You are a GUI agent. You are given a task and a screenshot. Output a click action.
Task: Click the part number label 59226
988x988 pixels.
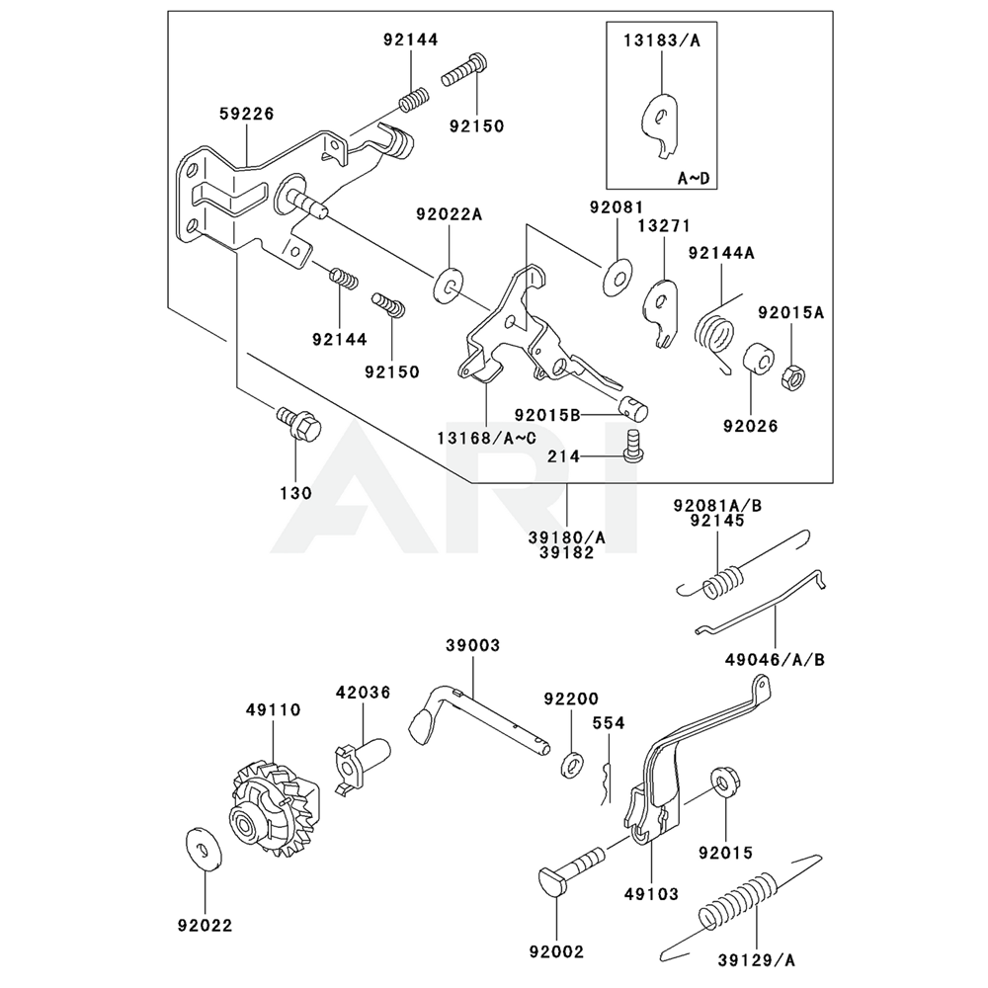[247, 114]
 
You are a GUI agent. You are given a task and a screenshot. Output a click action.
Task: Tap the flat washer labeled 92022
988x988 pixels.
[205, 849]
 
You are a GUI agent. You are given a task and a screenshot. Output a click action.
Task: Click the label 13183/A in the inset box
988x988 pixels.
[662, 41]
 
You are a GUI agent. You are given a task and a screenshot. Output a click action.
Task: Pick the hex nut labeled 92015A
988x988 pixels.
[792, 376]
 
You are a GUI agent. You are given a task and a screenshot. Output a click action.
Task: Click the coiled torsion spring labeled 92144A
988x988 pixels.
[714, 338]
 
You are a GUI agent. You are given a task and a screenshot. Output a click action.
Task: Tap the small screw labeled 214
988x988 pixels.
[634, 447]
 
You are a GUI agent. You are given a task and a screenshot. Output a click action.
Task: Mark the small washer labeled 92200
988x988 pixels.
[572, 766]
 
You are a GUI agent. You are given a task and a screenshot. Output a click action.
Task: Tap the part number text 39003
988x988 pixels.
[472, 646]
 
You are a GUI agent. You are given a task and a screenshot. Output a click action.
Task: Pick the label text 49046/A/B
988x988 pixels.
[775, 660]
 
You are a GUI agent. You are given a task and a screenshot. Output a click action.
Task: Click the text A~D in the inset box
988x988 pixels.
[694, 178]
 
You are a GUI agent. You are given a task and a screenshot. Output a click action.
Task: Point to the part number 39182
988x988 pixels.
[567, 552]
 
